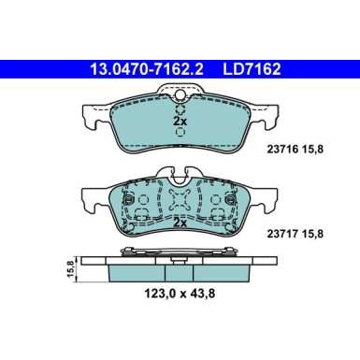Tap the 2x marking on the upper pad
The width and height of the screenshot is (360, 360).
(x=179, y=122)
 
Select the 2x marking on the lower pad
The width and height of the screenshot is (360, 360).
(x=179, y=224)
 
